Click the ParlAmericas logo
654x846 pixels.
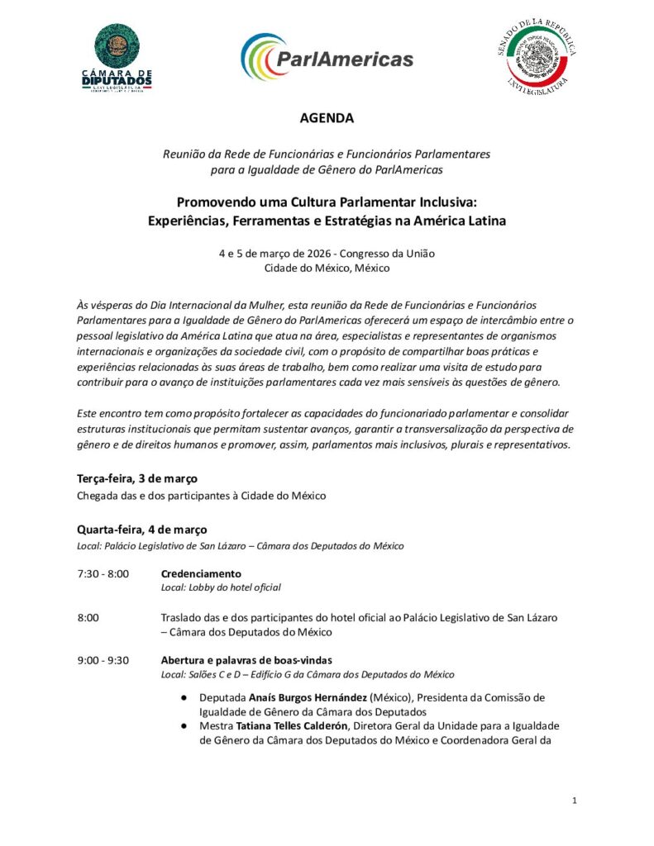[327, 58]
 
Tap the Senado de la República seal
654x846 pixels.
[540, 58]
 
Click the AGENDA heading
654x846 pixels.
[327, 118]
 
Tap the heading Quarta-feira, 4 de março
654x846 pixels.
[142, 530]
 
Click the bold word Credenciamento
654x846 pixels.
[201, 573]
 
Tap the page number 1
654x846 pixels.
[574, 801]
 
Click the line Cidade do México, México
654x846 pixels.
[327, 268]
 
